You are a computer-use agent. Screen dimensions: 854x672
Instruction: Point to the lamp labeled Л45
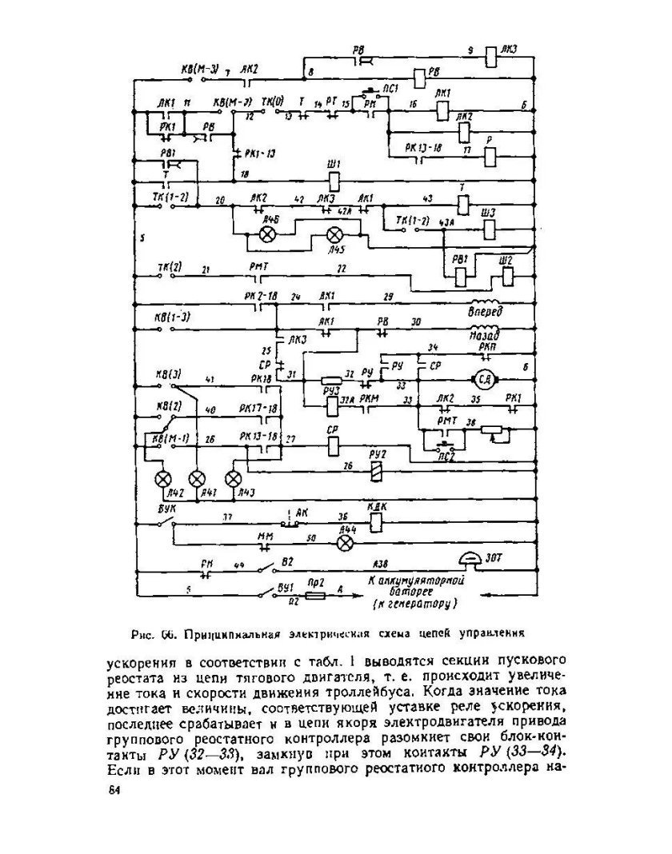pos(334,235)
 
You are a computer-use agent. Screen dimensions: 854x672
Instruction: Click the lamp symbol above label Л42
pos(163,478)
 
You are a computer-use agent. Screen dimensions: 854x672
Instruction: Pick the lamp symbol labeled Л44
pos(346,542)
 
